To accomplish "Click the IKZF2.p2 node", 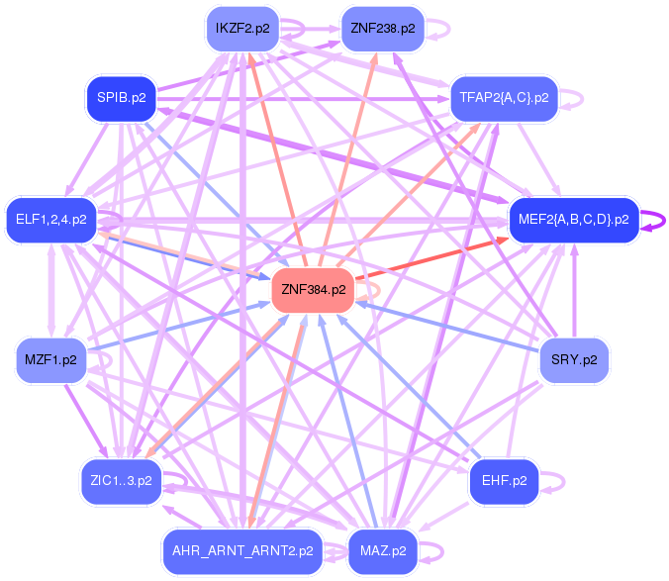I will (241, 29).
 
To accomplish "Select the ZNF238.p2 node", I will (382, 29).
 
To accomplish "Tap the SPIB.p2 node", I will (122, 98).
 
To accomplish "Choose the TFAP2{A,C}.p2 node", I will (504, 98).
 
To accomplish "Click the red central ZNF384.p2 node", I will (313, 290).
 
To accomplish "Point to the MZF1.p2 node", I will (50, 360).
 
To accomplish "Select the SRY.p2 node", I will (574, 360).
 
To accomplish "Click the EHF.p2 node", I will (504, 482).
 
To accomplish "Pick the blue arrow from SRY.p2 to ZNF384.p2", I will (445, 326).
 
